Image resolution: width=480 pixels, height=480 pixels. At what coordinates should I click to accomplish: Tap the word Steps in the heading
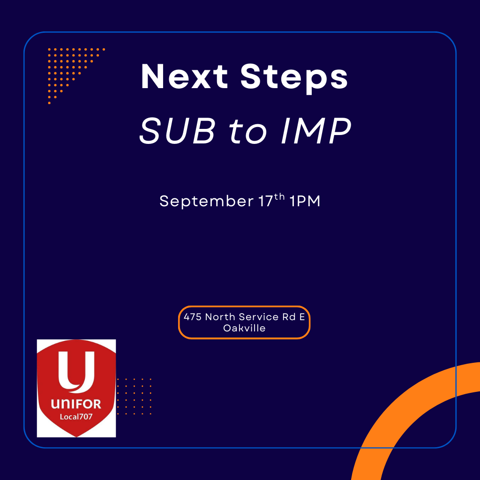point(294,79)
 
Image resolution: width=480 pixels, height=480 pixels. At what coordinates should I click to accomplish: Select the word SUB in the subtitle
point(177,131)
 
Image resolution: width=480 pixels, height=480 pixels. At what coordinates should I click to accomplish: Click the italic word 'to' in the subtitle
point(248,133)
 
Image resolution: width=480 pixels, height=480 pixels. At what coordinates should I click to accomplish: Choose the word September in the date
point(206,202)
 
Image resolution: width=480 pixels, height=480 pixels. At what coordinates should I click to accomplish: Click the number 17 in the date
point(265,201)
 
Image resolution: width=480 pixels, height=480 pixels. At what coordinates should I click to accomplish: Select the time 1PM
point(305,201)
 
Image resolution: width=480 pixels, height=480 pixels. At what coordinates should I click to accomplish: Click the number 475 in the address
point(193,317)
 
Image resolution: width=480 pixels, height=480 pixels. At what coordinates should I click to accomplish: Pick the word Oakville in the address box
point(244,328)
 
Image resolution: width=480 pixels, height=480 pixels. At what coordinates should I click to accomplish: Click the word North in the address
point(220,317)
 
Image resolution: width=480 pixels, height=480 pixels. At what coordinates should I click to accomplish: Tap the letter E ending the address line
point(302,317)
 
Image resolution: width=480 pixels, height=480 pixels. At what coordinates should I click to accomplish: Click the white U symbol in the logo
point(76,372)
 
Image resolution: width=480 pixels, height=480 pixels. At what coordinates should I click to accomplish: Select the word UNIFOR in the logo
point(76,404)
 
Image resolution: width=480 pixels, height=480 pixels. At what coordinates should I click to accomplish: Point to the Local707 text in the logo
point(76,417)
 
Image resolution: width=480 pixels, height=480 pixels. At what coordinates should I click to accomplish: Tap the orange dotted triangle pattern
point(66,66)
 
